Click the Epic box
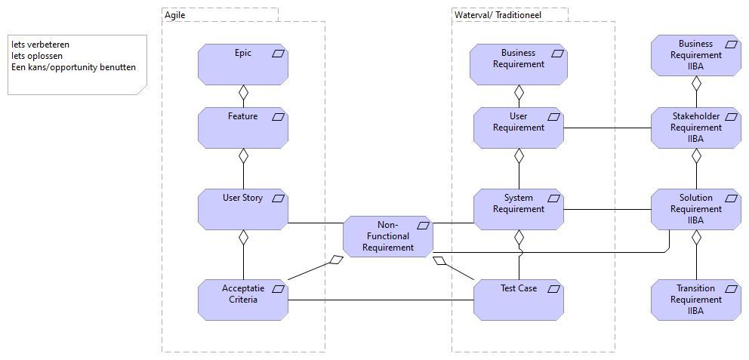[x=243, y=63]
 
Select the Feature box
[x=243, y=127]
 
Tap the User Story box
[x=243, y=209]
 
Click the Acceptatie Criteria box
[x=243, y=299]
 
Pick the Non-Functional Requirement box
[x=388, y=236]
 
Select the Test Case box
[x=519, y=299]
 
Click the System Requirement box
[x=519, y=209]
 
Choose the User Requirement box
[x=519, y=127]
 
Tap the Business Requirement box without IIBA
[x=519, y=63]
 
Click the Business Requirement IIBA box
[x=695, y=55]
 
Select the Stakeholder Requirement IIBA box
[x=695, y=128]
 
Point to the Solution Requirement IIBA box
[x=695, y=209]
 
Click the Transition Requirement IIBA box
[x=695, y=299]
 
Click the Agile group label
[x=175, y=14]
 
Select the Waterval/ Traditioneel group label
[x=498, y=14]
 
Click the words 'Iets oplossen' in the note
[x=37, y=56]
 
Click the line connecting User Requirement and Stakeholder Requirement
[x=607, y=128]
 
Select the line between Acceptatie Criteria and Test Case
[x=381, y=300]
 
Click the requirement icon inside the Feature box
[x=278, y=117]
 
